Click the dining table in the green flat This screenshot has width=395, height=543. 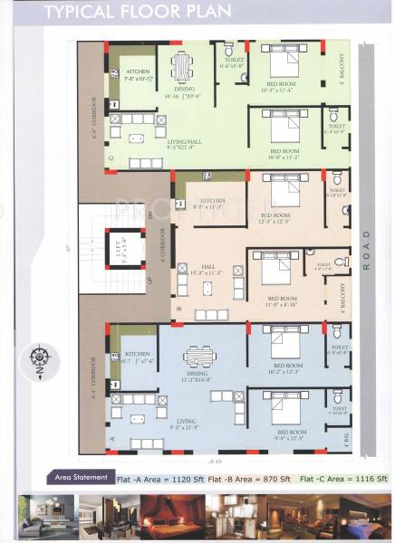point(181,65)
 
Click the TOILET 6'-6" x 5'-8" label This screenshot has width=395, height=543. point(232,62)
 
